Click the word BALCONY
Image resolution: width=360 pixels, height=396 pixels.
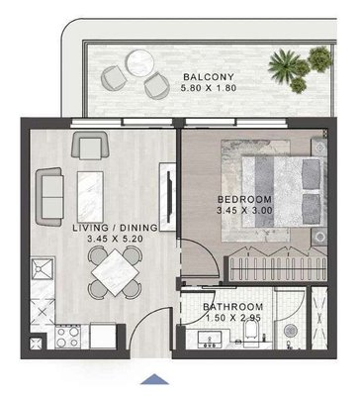coord(209,77)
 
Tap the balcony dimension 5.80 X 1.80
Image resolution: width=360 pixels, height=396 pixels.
coord(209,88)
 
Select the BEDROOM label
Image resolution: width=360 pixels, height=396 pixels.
coord(244,199)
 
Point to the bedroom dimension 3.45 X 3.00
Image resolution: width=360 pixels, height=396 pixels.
coord(244,210)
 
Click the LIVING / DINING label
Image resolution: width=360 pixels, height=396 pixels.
coord(115,228)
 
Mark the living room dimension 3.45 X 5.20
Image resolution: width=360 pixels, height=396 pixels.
coord(115,239)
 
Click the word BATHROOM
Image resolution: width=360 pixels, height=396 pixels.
coord(232,307)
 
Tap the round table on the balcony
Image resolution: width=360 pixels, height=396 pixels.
coord(140,63)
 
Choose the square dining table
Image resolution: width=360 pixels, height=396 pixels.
coord(116,272)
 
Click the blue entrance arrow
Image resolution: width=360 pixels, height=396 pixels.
coord(154,379)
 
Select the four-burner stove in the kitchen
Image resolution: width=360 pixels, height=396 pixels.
coord(67,337)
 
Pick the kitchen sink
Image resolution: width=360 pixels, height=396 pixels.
coord(43,269)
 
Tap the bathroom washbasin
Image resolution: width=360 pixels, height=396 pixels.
coord(210,340)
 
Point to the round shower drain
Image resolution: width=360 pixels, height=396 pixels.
coord(291,331)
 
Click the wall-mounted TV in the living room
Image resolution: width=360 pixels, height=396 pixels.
coord(170,197)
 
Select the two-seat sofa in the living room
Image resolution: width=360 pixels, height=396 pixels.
coord(49,197)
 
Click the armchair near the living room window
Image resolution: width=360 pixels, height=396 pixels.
coord(90,145)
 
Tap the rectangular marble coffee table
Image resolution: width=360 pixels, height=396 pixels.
coord(90,197)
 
